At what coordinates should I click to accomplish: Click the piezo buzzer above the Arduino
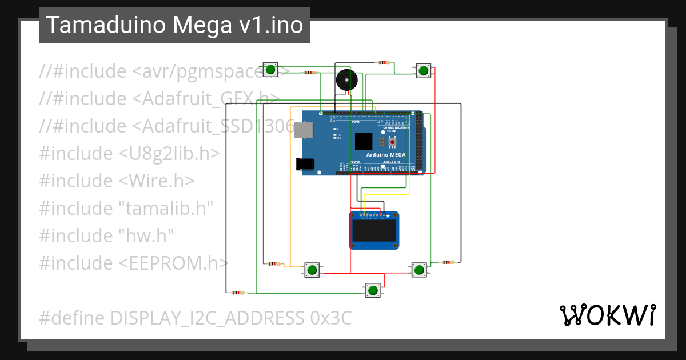344,80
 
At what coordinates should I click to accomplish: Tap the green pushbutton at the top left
270,70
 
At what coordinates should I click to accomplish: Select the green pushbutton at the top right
423,70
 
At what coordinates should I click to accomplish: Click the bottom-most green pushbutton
373,290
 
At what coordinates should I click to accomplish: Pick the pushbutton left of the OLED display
312,270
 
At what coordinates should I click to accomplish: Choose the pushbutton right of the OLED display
419,269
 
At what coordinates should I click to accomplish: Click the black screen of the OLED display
374,231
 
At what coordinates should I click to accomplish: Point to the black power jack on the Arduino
305,163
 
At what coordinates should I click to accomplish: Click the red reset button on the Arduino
392,141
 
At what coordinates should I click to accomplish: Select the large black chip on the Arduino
363,141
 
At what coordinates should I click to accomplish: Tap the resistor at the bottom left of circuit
237,293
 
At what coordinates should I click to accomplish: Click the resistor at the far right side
449,262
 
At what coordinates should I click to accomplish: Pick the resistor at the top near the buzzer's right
384,62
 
